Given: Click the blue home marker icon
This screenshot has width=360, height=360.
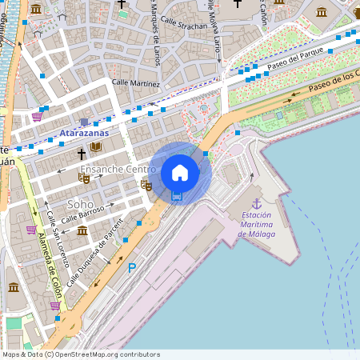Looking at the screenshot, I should tap(180, 173).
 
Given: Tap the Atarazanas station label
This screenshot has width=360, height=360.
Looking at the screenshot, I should tap(84, 132).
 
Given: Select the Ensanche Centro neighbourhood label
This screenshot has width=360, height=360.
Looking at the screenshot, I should tap(118, 170).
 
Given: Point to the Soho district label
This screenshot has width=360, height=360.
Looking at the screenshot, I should tap(80, 204).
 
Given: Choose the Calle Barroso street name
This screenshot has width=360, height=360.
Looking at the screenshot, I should tap(83, 214).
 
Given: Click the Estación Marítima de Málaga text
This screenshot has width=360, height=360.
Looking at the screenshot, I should tap(257, 224).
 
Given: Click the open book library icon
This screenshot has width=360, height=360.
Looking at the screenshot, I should tap(96, 147).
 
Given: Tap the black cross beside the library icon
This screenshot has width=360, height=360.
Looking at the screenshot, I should tap(81, 152).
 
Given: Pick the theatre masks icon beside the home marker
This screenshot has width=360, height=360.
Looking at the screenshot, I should tap(146, 185).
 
